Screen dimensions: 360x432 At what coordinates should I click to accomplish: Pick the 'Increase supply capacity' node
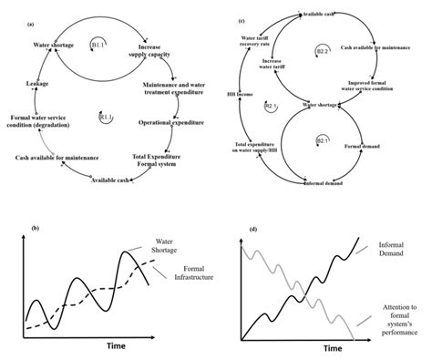156,50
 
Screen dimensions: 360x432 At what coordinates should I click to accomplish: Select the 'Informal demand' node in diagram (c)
324,183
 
